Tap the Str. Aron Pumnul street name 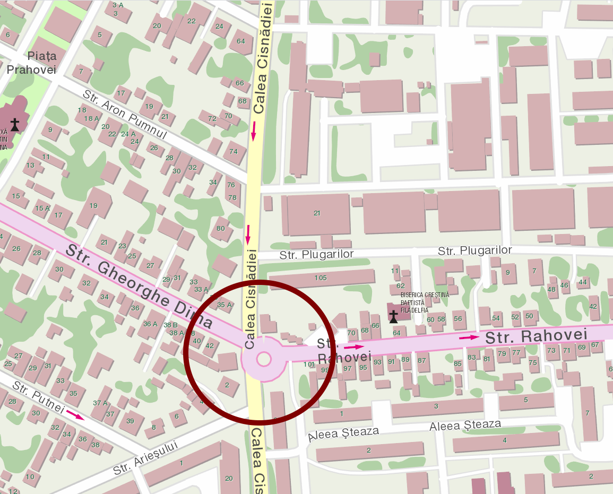[x=125, y=115]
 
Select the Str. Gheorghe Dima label [x=140, y=287]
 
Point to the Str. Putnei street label [x=38, y=398]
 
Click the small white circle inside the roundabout [x=264, y=359]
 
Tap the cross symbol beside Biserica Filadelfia [x=393, y=317]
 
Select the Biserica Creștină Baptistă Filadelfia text [x=424, y=302]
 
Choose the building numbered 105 [x=321, y=278]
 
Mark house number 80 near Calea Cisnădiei [x=221, y=229]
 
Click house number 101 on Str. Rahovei [x=309, y=365]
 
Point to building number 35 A [x=225, y=305]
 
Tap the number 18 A [x=91, y=119]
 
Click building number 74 [x=234, y=152]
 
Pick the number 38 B [x=170, y=325]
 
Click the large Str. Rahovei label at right [x=536, y=336]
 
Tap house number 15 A [x=42, y=209]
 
